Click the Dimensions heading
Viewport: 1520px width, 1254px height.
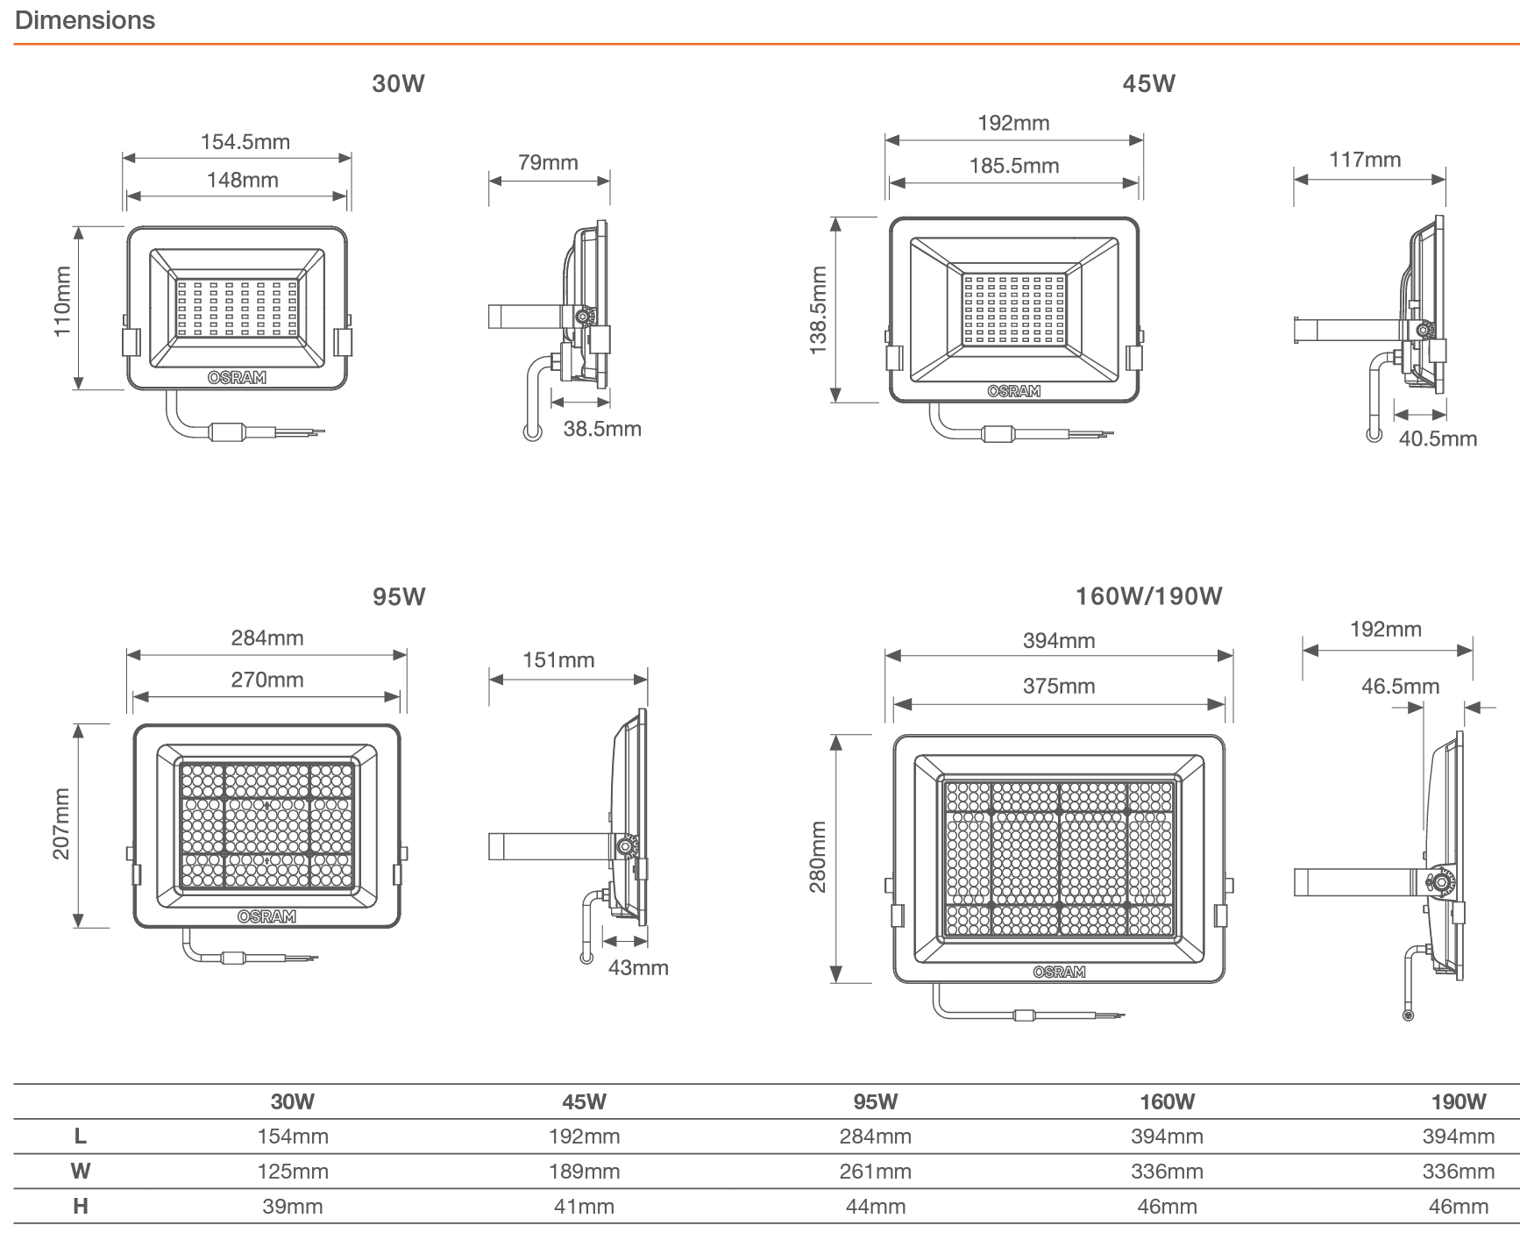tap(85, 20)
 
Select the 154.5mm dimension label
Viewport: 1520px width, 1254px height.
tap(245, 142)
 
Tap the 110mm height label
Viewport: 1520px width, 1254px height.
tap(62, 302)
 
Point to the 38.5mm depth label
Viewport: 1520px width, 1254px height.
tap(601, 429)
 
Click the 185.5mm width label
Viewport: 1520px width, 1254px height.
tap(1013, 166)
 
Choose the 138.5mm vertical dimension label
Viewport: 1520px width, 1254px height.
tap(818, 310)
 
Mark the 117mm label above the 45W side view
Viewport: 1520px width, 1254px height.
tap(1364, 160)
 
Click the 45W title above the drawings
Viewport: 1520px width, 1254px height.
tap(1148, 84)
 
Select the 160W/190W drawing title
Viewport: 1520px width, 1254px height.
tap(1148, 596)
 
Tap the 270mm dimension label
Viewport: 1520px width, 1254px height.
tap(266, 680)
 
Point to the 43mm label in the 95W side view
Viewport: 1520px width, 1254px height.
tap(637, 968)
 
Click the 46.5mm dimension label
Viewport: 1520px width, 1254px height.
tap(1400, 687)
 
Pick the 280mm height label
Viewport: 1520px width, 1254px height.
tap(818, 857)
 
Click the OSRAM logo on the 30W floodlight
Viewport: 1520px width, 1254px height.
tap(237, 378)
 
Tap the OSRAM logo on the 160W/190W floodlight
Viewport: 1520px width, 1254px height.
tap(1058, 972)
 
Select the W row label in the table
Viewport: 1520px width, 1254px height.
tap(80, 1172)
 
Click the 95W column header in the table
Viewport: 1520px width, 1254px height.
tap(875, 1102)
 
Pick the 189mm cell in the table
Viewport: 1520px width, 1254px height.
tap(584, 1172)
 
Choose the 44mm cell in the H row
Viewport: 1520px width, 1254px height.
tap(875, 1207)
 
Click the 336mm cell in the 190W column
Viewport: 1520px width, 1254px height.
tap(1458, 1172)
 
